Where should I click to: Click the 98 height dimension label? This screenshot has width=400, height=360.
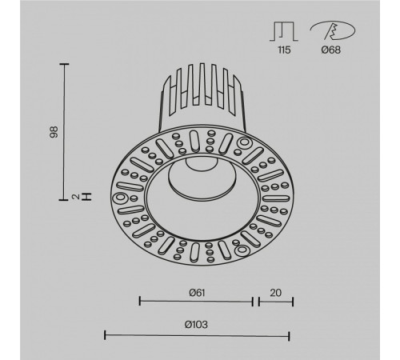(53, 130)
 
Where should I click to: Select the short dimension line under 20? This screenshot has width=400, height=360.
(274, 302)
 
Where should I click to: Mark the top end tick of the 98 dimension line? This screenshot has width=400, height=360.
(65, 62)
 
